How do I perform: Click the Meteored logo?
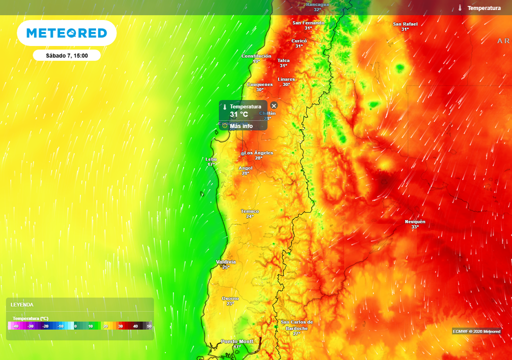(x=66, y=33)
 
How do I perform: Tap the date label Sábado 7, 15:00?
(x=67, y=55)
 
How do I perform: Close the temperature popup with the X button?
(x=273, y=105)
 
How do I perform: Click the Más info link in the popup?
(x=241, y=126)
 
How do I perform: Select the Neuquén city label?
(x=415, y=221)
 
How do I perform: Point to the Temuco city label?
(x=250, y=211)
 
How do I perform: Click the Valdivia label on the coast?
(x=225, y=262)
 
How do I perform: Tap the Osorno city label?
(x=230, y=298)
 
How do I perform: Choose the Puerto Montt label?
(x=237, y=341)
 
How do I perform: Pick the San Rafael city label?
(x=405, y=24)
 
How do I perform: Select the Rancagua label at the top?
(x=317, y=4)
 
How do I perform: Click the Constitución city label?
(x=256, y=56)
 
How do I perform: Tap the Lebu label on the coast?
(x=211, y=159)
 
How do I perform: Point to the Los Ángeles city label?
(x=258, y=152)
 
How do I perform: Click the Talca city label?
(x=283, y=60)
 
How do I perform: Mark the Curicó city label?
(x=299, y=40)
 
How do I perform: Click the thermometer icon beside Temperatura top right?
(x=459, y=8)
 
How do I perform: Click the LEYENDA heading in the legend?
(x=22, y=304)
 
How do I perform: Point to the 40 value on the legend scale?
(x=135, y=326)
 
